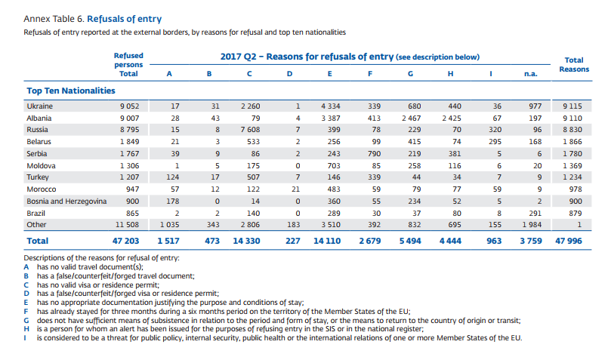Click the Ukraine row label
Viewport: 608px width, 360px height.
pyautogui.click(x=39, y=106)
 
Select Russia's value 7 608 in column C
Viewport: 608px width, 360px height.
pyautogui.click(x=251, y=130)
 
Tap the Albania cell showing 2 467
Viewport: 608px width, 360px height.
pyautogui.click(x=410, y=118)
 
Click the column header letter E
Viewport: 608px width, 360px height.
pyautogui.click(x=330, y=74)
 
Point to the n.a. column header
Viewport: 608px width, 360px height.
pyautogui.click(x=531, y=74)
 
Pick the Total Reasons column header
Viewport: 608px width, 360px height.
pyautogui.click(x=573, y=64)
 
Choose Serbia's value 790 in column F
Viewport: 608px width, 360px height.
pyautogui.click(x=372, y=153)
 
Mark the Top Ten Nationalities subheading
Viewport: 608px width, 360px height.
pyautogui.click(x=71, y=91)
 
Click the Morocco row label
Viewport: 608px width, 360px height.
pyautogui.click(x=42, y=189)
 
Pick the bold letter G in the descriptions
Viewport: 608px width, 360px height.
pyautogui.click(x=28, y=321)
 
